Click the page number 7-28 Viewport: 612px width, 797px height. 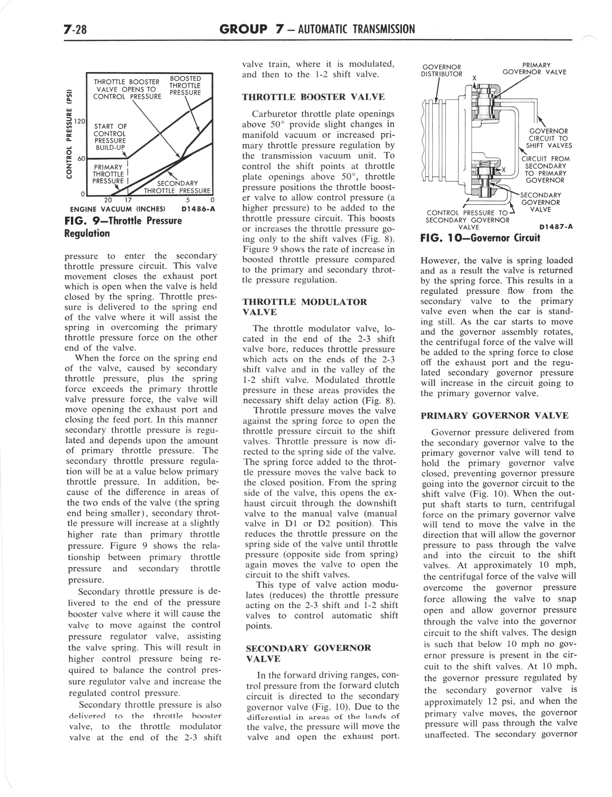point(76,29)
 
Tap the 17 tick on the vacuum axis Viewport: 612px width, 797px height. point(129,200)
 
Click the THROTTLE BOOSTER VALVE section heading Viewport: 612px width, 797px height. point(313,97)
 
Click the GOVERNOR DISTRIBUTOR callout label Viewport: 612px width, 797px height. point(441,71)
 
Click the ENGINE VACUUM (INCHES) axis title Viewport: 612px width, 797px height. point(118,209)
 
